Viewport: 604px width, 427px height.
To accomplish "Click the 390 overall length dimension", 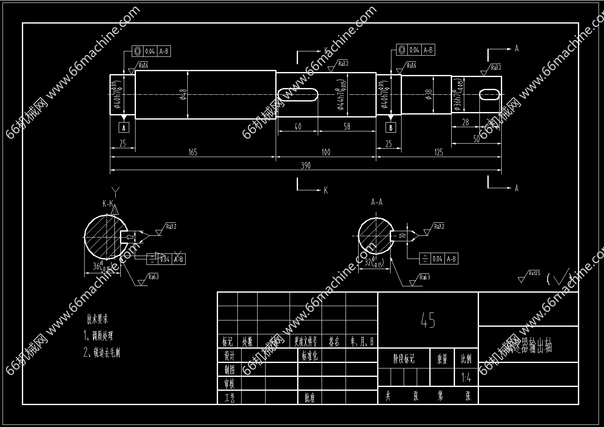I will [306, 165].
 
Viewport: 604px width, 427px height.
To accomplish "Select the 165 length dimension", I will [193, 152].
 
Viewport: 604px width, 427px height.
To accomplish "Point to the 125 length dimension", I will [439, 152].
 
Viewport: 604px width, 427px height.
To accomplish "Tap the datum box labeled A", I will [124, 127].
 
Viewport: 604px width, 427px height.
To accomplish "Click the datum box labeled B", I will [391, 128].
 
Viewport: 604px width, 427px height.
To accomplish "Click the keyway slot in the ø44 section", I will [298, 94].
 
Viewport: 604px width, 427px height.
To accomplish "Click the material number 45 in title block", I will [428, 320].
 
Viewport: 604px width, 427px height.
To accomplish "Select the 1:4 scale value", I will [466, 378].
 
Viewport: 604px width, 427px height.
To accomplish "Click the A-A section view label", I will [377, 203].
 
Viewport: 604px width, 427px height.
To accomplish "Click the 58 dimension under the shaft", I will [347, 126].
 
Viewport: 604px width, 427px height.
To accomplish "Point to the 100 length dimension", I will [326, 152].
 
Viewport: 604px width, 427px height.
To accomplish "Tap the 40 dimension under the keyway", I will [298, 126].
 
